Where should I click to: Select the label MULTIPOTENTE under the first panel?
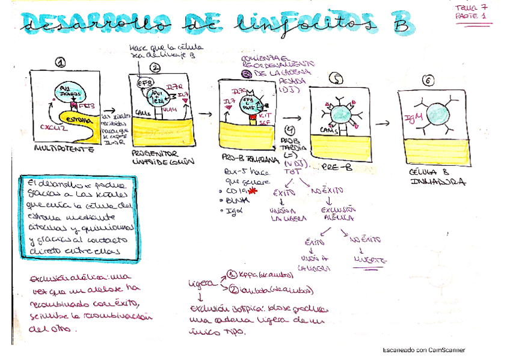(x=64, y=148)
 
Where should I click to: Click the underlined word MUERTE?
(x=369, y=261)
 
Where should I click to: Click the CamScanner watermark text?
(x=424, y=350)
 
